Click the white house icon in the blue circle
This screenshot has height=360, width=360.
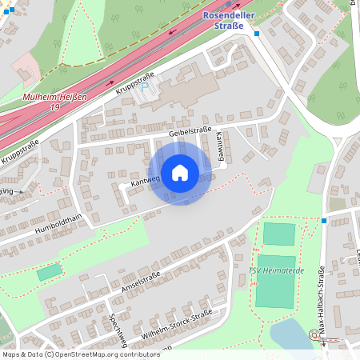click(x=180, y=172)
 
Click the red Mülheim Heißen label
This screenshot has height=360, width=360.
click(x=54, y=97)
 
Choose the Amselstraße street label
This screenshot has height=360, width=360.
click(x=140, y=282)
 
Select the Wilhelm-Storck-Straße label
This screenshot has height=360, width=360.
click(x=177, y=324)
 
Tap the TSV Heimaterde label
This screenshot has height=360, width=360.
click(x=275, y=270)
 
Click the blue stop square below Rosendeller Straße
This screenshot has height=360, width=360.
click(x=257, y=34)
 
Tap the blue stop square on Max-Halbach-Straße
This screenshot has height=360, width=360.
click(x=324, y=220)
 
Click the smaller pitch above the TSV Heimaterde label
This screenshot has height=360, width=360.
click(x=279, y=234)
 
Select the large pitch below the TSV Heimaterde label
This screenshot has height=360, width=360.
click(x=275, y=293)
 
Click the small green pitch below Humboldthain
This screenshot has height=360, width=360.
click(x=49, y=273)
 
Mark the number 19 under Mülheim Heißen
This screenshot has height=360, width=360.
click(x=54, y=106)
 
